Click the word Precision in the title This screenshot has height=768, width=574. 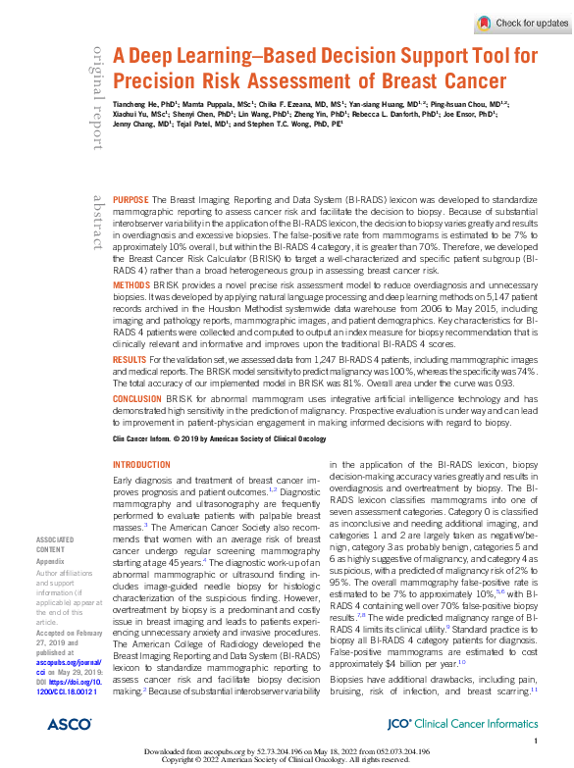(159, 81)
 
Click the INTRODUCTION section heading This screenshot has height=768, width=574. (142, 465)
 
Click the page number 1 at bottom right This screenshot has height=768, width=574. (536, 742)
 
